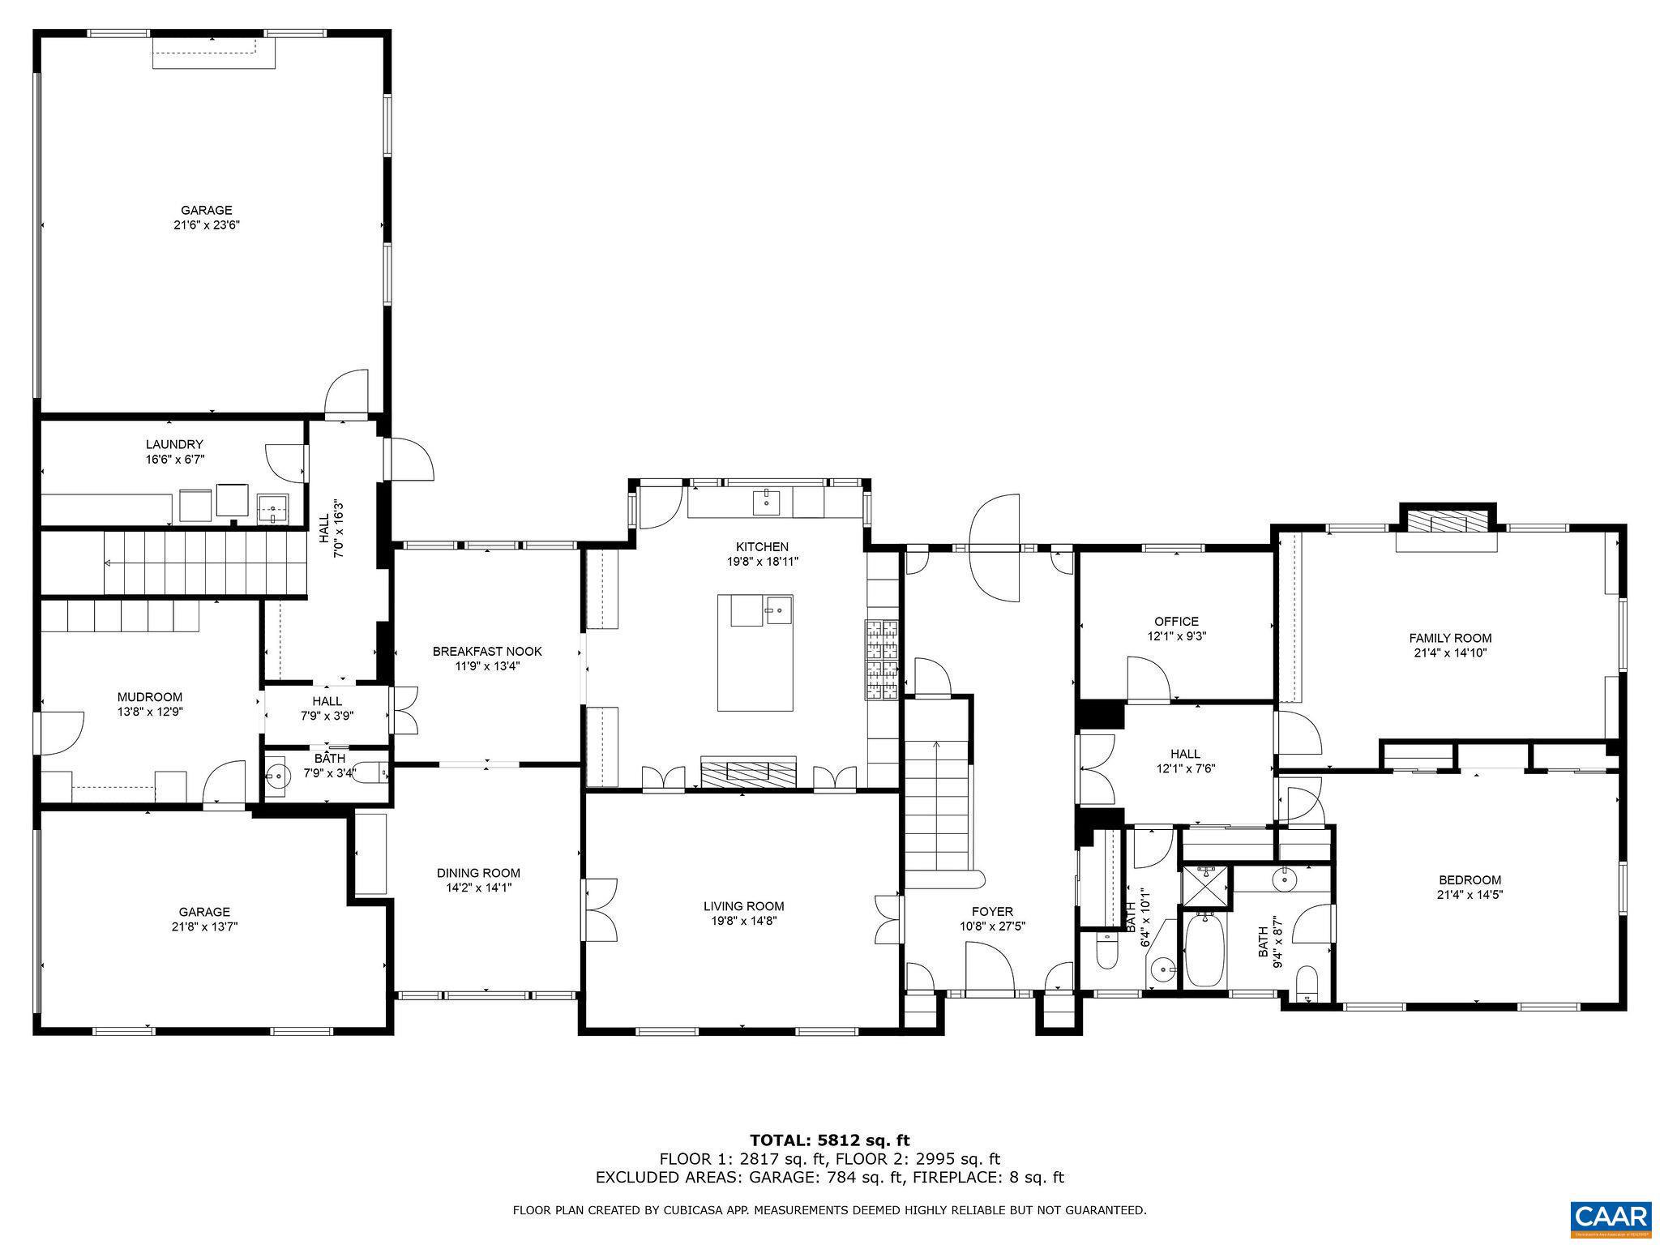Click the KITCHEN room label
[x=762, y=546]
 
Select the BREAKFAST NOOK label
[x=487, y=652]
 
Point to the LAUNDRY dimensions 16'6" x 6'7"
[x=174, y=459]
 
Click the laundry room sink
[x=274, y=511]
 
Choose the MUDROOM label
[x=150, y=697]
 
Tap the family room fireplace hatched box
[x=1447, y=521]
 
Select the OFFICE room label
[x=1177, y=622]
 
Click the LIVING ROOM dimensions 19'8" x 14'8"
[x=743, y=921]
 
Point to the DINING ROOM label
[x=478, y=873]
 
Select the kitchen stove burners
[x=883, y=659]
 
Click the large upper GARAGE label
[x=206, y=210]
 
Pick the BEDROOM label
[x=1470, y=880]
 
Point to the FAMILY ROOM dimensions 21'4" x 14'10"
[x=1450, y=652]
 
